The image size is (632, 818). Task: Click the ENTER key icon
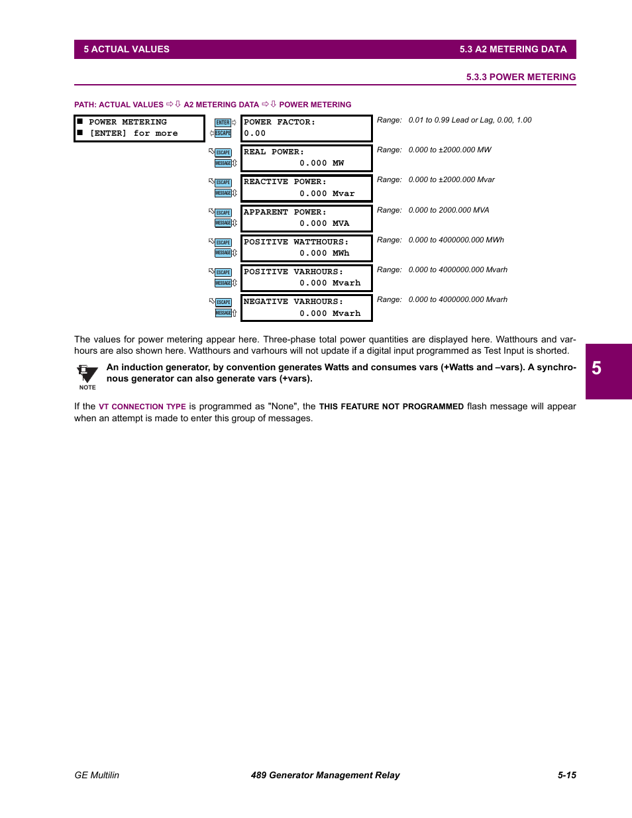[x=223, y=123]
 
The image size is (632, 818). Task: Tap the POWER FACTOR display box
[x=306, y=128]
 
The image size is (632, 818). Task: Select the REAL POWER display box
[x=306, y=158]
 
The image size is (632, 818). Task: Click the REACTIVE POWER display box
[x=306, y=188]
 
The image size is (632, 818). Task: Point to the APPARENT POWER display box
[x=306, y=218]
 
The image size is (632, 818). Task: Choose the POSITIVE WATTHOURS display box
[x=306, y=248]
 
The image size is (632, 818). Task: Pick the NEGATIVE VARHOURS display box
[x=306, y=308]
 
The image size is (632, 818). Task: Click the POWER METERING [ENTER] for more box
[x=139, y=128]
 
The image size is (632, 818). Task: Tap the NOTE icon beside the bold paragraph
[x=87, y=376]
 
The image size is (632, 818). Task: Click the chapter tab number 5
[x=596, y=369]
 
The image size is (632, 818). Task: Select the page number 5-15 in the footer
[x=566, y=775]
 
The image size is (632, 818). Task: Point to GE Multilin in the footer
[x=97, y=775]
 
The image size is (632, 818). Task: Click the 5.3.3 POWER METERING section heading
[x=521, y=77]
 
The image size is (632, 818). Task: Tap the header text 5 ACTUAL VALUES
[x=127, y=49]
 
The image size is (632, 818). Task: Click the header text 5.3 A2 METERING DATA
[x=513, y=49]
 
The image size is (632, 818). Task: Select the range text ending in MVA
[x=448, y=210]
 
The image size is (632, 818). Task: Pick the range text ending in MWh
[x=456, y=240]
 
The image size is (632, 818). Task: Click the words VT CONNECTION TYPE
[x=142, y=407]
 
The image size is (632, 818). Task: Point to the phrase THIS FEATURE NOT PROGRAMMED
[x=391, y=407]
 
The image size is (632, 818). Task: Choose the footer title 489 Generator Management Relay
[x=325, y=775]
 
